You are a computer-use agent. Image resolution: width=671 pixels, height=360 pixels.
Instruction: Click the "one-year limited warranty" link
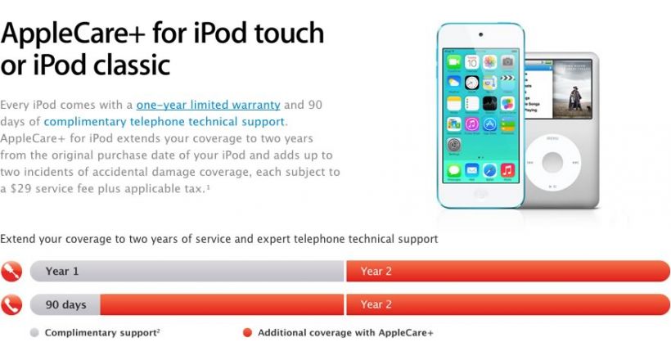click(208, 105)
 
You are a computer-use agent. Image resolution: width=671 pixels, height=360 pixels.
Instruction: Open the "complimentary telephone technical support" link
click(164, 122)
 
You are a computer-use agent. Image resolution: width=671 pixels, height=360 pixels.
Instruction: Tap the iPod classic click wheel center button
click(552, 162)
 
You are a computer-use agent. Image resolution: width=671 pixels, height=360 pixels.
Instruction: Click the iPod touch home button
click(480, 194)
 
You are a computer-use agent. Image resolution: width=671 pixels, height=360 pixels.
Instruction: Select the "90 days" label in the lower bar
click(66, 305)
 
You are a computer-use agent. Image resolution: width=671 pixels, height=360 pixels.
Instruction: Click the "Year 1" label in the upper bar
click(62, 272)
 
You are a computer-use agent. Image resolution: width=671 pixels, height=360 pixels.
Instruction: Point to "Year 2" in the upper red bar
click(376, 272)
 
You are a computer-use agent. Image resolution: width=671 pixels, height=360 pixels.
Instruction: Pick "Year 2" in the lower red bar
click(376, 305)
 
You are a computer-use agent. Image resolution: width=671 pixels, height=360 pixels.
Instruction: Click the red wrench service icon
click(11, 272)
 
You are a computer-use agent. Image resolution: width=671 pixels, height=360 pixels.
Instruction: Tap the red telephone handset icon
click(11, 305)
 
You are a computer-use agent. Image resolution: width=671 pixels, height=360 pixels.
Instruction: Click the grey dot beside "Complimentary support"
click(34, 333)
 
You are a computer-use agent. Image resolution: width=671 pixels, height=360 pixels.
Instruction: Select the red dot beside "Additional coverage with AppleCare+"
click(247, 333)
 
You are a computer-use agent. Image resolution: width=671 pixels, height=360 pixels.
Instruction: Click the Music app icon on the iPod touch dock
click(507, 170)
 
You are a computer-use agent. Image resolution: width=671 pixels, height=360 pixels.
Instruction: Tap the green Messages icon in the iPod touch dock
click(454, 170)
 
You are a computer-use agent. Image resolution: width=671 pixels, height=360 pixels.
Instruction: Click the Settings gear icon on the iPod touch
click(454, 145)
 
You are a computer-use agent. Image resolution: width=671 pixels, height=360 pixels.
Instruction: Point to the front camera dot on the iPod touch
click(480, 34)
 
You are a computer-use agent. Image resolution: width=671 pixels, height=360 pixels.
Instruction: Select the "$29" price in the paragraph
click(21, 189)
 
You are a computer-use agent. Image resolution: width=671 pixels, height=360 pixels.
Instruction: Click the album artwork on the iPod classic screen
click(573, 89)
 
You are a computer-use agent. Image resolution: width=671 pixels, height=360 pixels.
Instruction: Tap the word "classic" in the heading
click(132, 65)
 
